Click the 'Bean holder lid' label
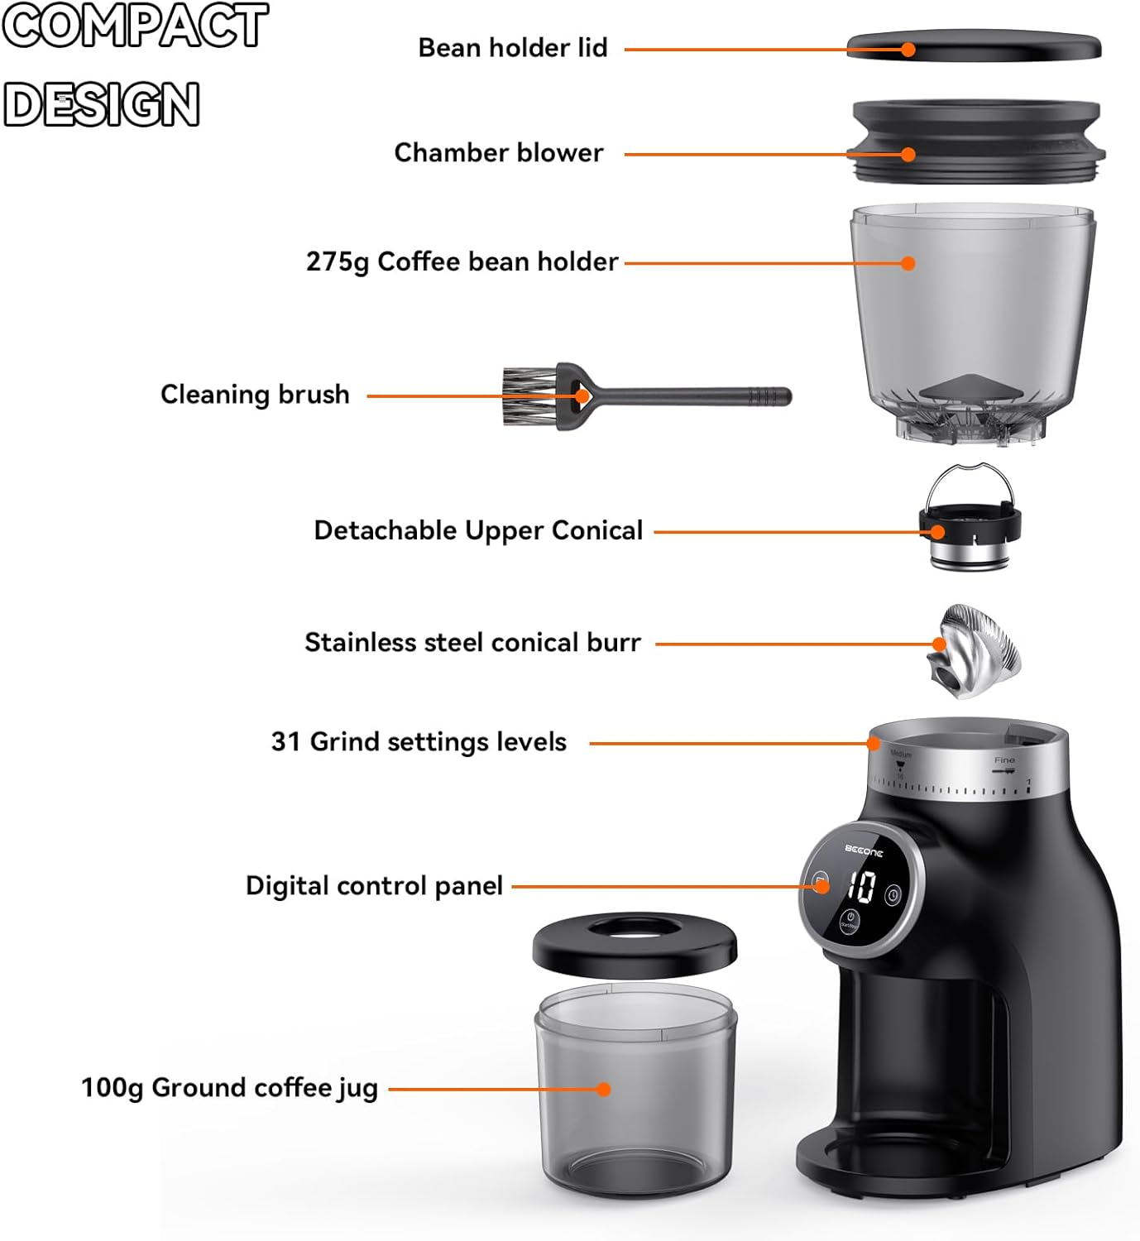pyautogui.click(x=512, y=48)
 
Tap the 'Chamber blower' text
pyautogui.click(x=498, y=153)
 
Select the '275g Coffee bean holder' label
pyautogui.click(x=462, y=262)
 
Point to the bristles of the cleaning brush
pyautogui.click(x=529, y=396)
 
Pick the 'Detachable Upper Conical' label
pyautogui.click(x=477, y=530)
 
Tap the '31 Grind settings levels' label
pyautogui.click(x=419, y=742)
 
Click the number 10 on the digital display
pyautogui.click(x=861, y=887)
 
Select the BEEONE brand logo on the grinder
pyautogui.click(x=864, y=850)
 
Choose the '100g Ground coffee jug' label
pyautogui.click(x=229, y=1088)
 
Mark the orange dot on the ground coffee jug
pyautogui.click(x=604, y=1089)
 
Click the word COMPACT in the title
pyautogui.click(x=135, y=26)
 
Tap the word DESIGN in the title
pyautogui.click(x=102, y=104)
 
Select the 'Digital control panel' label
pyautogui.click(x=374, y=886)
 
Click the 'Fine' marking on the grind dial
pyautogui.click(x=1004, y=759)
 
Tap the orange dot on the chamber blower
pyautogui.click(x=908, y=155)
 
